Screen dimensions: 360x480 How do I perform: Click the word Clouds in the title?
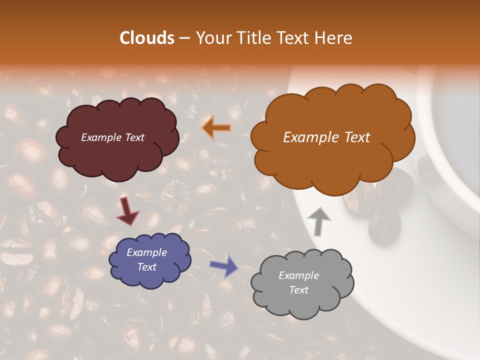pos(146,38)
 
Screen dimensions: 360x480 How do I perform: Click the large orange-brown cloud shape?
pos(330,165)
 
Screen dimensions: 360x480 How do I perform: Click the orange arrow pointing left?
pos(216,128)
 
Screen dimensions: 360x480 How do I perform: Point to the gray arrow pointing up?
pos(319,221)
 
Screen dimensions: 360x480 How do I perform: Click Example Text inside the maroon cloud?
pos(112,137)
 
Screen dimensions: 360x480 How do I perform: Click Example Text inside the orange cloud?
pos(326,137)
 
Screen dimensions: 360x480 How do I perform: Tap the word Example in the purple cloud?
pos(146,252)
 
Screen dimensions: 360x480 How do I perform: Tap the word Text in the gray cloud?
pos(298,290)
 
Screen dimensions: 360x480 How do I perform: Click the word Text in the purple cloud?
pos(146,267)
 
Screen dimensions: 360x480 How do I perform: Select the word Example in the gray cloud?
pos(298,275)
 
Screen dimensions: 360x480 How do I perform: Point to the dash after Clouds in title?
pos(184,38)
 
